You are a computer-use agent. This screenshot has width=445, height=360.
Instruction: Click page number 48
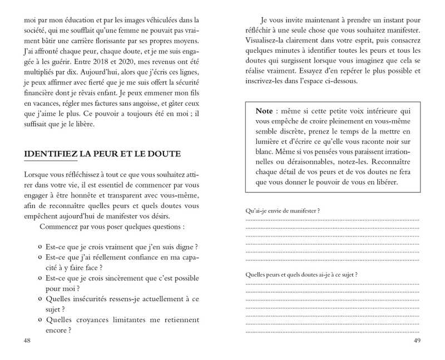click(27, 339)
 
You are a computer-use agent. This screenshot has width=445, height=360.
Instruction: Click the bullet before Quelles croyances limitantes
click(41, 320)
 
